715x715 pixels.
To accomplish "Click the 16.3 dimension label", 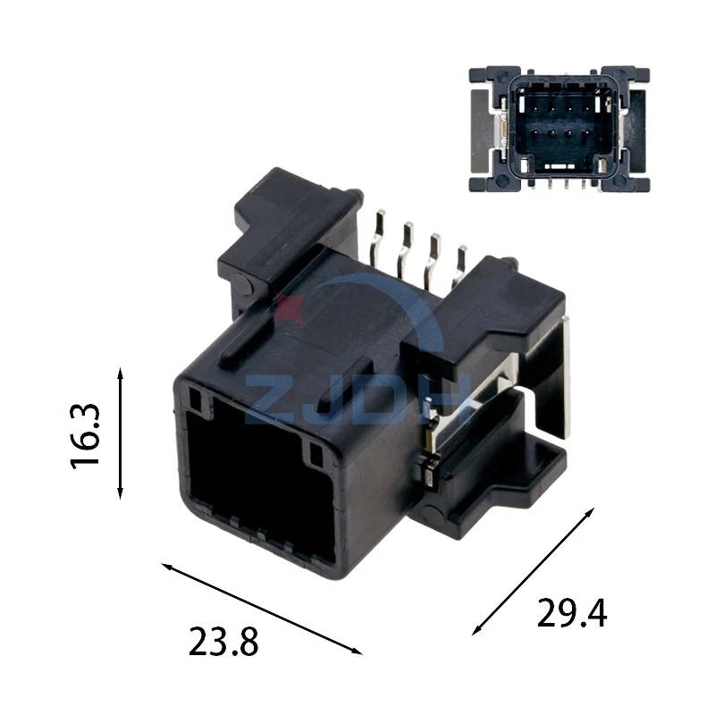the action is [x=85, y=436].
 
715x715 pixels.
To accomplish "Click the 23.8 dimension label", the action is [x=223, y=642].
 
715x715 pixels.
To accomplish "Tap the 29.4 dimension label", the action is [x=572, y=613].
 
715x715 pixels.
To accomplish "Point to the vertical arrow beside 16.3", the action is [x=121, y=433].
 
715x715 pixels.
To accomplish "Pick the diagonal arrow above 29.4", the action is [x=533, y=571].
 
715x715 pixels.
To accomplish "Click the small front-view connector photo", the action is [x=559, y=129].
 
